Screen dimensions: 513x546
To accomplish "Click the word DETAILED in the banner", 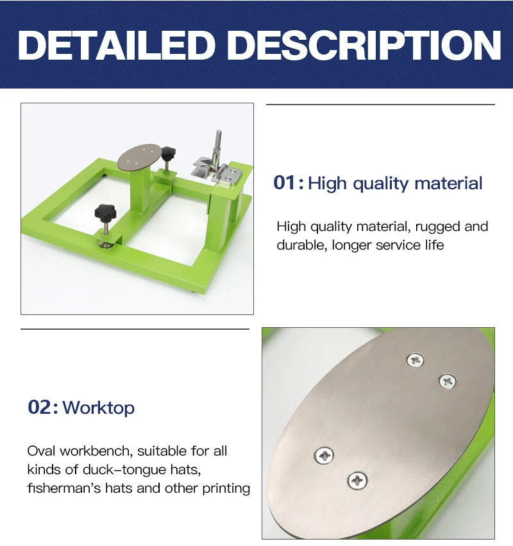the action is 117,45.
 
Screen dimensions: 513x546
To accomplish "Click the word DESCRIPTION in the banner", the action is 366,45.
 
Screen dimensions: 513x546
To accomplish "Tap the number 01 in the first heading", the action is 284,182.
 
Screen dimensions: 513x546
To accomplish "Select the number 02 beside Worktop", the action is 39,407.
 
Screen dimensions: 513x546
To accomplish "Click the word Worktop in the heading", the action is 99,408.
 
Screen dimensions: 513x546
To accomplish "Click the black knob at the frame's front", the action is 105,212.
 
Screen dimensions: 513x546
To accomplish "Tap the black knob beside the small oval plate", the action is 169,153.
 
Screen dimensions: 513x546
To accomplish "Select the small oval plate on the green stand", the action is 140,157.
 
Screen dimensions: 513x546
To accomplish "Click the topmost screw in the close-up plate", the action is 415,361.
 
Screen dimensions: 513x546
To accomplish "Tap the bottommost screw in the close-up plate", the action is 357,481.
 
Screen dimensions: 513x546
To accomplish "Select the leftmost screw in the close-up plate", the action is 324,455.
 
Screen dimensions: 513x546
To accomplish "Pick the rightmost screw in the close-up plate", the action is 448,382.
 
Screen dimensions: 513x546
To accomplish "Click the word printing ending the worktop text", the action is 226,488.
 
